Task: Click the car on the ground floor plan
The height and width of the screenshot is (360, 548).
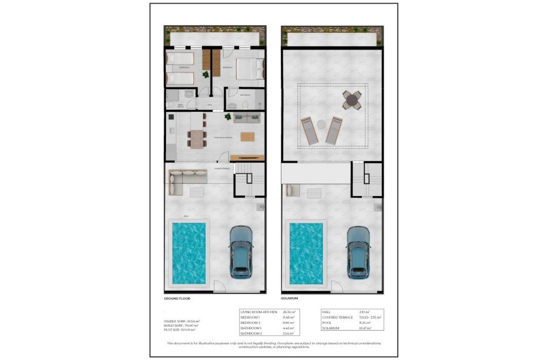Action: (241, 252)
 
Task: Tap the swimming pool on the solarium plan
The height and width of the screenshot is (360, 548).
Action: (306, 253)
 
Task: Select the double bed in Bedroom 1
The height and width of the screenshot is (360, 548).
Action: (250, 69)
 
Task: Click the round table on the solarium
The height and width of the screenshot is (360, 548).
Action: (352, 99)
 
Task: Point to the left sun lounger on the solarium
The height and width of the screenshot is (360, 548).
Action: (310, 131)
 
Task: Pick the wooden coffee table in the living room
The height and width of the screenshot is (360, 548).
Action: (248, 137)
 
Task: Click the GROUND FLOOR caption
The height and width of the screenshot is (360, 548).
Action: (177, 298)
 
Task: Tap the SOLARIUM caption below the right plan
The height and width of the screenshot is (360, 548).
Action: (289, 298)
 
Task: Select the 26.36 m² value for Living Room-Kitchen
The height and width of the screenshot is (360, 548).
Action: (289, 312)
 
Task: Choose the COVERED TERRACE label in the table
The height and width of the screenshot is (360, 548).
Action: (338, 317)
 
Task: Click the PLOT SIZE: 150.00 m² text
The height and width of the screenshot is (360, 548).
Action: (181, 329)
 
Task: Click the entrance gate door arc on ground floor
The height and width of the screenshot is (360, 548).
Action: (220, 287)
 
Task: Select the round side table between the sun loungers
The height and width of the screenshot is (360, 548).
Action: (321, 124)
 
